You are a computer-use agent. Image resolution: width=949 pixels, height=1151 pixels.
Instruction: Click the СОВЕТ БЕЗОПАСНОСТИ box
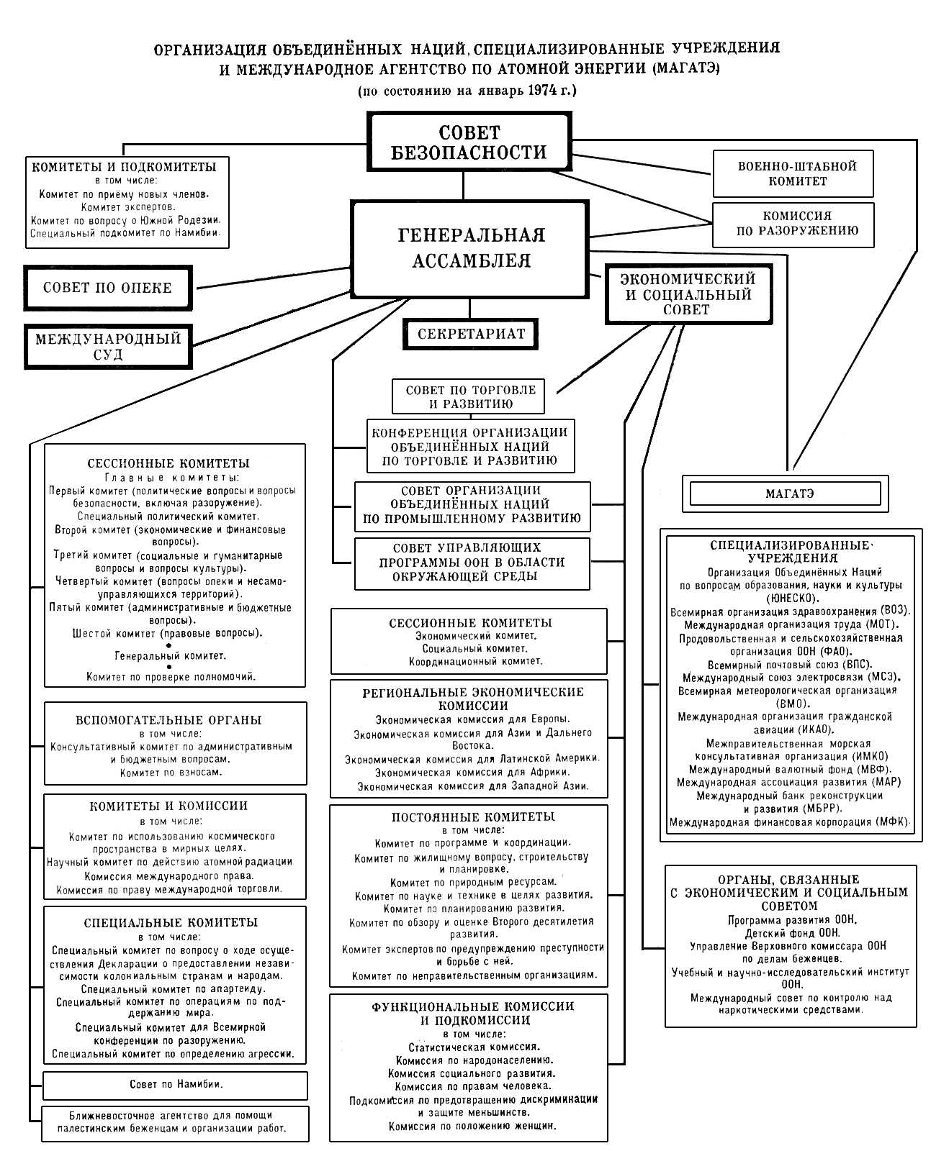[469, 142]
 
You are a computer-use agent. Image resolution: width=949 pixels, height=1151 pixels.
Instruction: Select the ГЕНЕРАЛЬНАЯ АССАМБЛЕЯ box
[470, 249]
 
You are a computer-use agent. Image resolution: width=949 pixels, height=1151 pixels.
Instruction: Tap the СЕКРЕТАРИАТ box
[470, 334]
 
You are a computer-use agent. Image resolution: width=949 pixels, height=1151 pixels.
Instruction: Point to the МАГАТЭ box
[785, 493]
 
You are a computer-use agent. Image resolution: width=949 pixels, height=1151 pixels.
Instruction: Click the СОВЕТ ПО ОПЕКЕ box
[108, 288]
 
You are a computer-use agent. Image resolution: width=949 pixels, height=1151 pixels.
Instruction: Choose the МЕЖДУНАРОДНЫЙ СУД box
[108, 346]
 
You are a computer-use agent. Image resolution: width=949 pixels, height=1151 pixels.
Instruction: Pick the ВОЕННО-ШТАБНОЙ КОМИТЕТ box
[793, 173]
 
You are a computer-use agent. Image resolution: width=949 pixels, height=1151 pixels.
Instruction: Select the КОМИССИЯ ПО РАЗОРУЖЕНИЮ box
[793, 224]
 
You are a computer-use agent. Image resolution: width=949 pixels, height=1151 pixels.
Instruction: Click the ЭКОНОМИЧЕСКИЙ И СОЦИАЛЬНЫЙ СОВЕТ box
[688, 295]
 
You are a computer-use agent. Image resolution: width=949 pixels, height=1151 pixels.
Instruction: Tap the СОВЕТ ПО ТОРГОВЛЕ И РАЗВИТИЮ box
[469, 396]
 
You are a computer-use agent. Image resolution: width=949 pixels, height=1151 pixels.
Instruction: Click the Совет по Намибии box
[176, 1085]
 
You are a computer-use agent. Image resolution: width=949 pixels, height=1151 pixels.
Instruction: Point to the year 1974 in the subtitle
[544, 91]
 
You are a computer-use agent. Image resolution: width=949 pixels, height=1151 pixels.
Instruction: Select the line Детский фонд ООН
[791, 933]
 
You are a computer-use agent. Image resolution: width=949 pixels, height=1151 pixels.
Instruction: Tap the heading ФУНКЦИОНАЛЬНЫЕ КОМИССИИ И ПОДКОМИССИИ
[473, 1013]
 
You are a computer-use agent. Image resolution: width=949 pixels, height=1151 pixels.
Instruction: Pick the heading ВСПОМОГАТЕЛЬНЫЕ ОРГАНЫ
[168, 720]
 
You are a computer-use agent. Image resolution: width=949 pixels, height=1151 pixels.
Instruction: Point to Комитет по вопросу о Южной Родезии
[126, 220]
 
